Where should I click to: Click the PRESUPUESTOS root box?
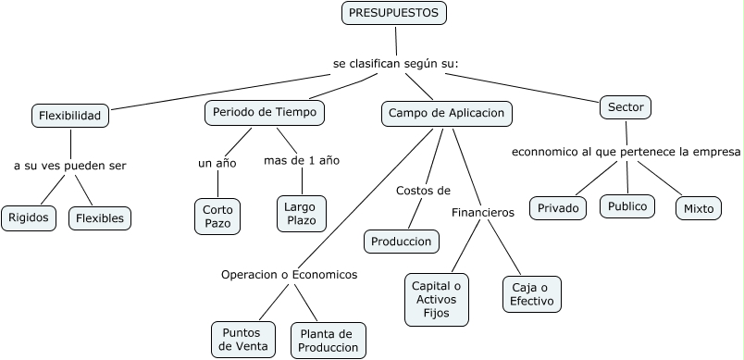(395, 14)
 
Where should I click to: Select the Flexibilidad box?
(70, 116)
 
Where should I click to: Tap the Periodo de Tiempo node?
(264, 112)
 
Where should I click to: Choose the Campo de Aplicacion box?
(446, 113)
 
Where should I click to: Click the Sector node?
(626, 106)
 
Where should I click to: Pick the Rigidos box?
(29, 218)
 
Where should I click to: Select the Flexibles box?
(100, 218)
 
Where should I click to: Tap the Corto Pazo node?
(218, 217)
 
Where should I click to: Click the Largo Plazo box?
(302, 214)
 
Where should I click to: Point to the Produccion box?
(401, 242)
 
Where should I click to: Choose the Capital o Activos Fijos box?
(437, 299)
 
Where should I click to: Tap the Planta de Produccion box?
(328, 340)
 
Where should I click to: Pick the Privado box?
(559, 208)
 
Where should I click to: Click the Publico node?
(626, 206)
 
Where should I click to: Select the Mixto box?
(699, 208)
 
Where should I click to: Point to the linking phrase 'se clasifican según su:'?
(396, 64)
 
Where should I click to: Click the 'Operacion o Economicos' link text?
(289, 274)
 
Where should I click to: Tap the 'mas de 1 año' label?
(302, 160)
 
